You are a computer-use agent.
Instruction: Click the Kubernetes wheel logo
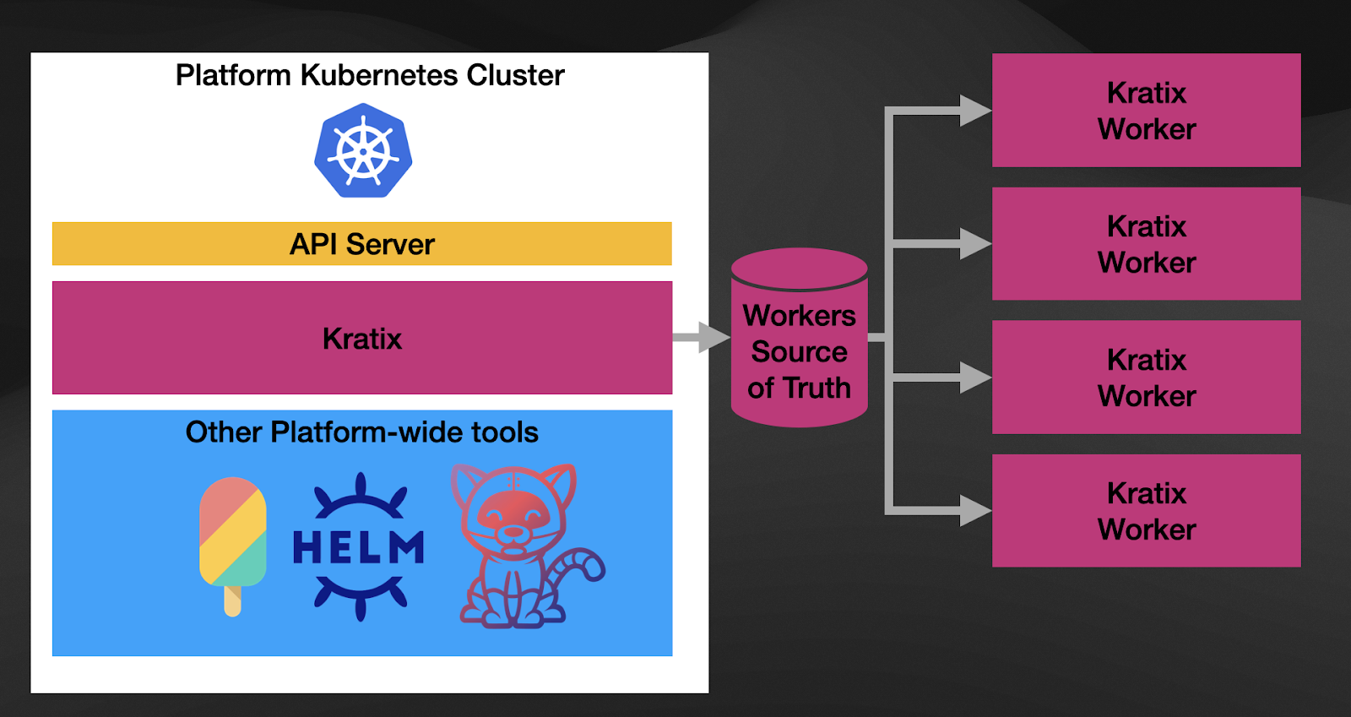[363, 151]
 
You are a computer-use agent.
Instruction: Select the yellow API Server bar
[361, 244]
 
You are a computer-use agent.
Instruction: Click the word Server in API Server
[390, 244]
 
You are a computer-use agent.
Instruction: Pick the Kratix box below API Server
[361, 338]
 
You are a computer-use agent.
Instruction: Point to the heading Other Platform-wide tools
[361, 432]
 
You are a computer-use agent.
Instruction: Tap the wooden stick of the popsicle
[233, 600]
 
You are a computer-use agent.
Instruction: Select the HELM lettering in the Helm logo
[359, 547]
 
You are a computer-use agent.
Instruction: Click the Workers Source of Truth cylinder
[799, 338]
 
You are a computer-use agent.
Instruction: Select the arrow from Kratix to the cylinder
[701, 338]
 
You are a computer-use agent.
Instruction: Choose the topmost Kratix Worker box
[1146, 111]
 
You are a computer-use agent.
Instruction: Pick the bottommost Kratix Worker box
[1146, 511]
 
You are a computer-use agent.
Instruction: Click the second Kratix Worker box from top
[1146, 244]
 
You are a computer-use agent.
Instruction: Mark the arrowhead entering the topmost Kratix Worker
[975, 111]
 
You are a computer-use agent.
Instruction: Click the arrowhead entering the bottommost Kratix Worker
[975, 511]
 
